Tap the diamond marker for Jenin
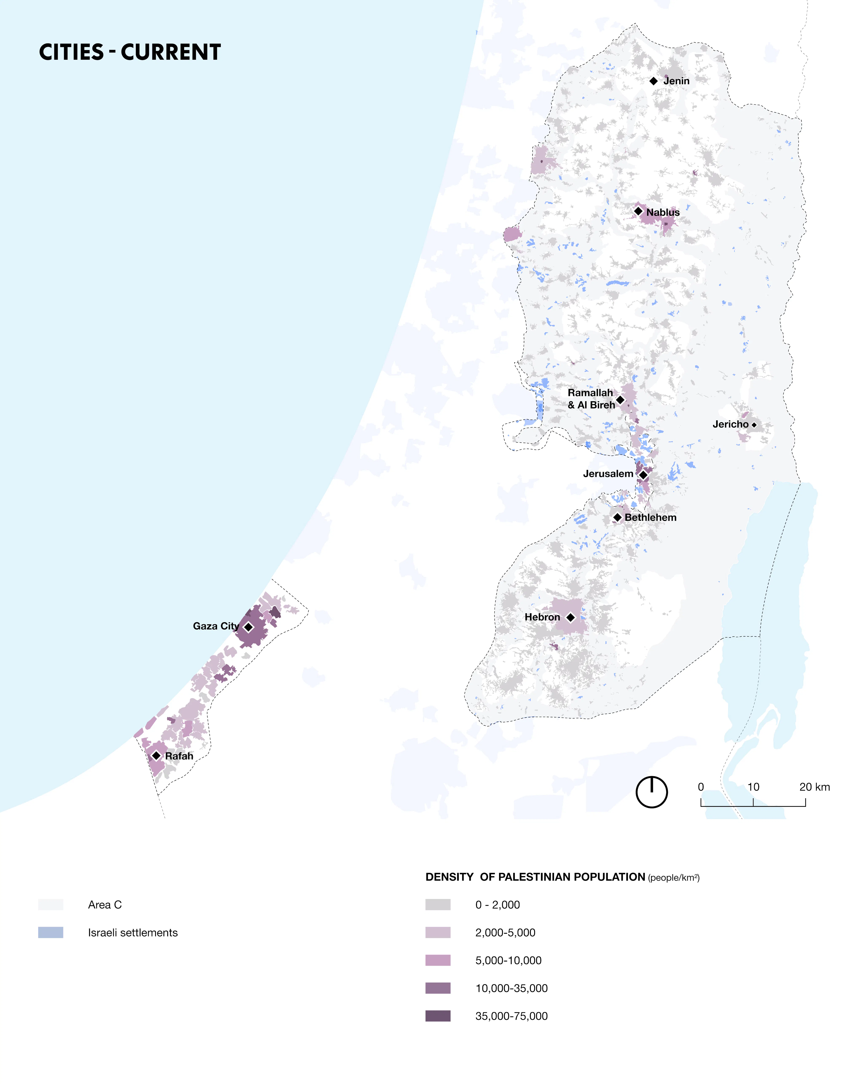pyautogui.click(x=654, y=81)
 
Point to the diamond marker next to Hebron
pyautogui.click(x=570, y=617)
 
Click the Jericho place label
pyautogui.click(x=731, y=424)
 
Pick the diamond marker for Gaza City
pyautogui.click(x=248, y=627)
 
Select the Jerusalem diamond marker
pyautogui.click(x=643, y=475)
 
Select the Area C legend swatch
pyautogui.click(x=51, y=905)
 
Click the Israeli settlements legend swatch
pyautogui.click(x=51, y=932)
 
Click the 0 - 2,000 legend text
pyautogui.click(x=497, y=905)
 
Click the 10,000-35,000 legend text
pyautogui.click(x=511, y=988)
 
